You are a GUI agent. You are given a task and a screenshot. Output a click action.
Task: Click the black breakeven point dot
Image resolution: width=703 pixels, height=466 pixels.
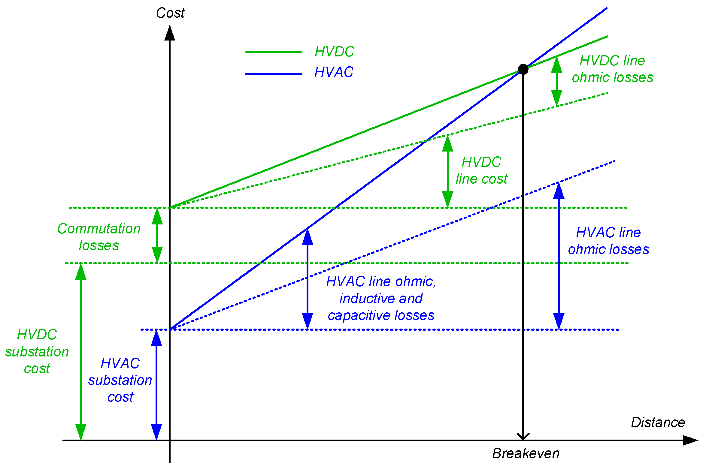(523, 69)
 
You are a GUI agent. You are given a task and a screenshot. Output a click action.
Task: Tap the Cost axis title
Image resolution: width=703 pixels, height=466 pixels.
(170, 13)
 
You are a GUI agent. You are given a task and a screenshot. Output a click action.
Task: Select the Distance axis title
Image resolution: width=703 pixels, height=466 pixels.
(658, 422)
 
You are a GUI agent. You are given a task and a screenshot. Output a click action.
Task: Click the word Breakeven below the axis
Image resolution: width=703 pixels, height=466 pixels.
(526, 453)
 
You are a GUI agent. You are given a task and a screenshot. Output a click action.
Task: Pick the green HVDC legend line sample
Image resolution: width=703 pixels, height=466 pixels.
(273, 52)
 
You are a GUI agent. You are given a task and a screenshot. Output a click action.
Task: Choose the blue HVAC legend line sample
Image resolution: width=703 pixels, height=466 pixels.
(273, 74)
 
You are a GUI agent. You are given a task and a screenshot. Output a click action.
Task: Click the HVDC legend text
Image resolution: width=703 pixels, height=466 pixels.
(334, 52)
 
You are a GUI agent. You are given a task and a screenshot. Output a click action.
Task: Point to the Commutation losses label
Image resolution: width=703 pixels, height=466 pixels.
(99, 237)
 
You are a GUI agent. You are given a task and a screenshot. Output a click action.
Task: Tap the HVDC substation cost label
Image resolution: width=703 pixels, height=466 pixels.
(37, 351)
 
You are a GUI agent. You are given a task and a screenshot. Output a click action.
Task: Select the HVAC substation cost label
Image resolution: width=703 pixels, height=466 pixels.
(120, 380)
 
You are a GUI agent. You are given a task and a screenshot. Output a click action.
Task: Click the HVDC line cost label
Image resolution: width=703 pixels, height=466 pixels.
(481, 170)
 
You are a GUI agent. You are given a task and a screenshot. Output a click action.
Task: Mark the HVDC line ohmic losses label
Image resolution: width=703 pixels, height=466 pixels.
(612, 69)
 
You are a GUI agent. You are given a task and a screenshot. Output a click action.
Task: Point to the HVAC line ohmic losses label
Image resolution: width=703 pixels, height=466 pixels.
(608, 241)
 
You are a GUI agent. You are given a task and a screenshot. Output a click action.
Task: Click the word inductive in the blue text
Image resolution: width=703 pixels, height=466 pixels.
(364, 299)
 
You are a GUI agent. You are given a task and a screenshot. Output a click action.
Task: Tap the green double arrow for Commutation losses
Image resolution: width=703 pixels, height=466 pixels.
(157, 236)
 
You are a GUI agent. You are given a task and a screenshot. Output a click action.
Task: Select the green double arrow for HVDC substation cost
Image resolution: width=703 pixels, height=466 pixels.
(81, 352)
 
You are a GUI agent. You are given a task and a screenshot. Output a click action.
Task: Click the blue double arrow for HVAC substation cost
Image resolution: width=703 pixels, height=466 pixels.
(156, 385)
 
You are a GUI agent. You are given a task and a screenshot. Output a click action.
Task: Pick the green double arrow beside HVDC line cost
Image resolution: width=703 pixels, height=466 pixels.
(448, 171)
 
